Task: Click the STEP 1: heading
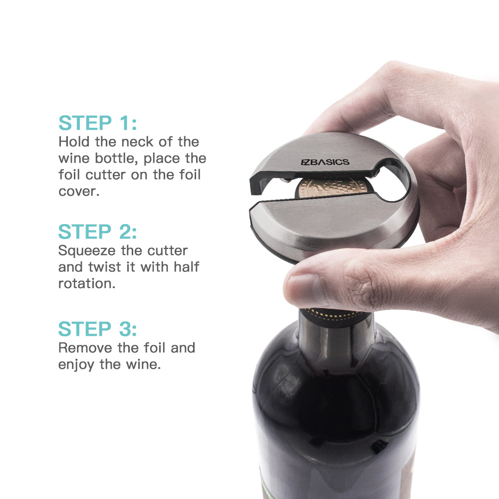point(98,123)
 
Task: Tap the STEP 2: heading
point(97,232)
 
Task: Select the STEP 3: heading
point(97,329)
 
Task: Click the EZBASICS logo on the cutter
point(325,162)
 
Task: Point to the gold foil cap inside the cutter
point(332,188)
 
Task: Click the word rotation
point(86,283)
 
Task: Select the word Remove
point(85,347)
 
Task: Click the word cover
point(79,191)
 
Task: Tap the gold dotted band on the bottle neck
point(335,316)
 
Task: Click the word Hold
point(74,142)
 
